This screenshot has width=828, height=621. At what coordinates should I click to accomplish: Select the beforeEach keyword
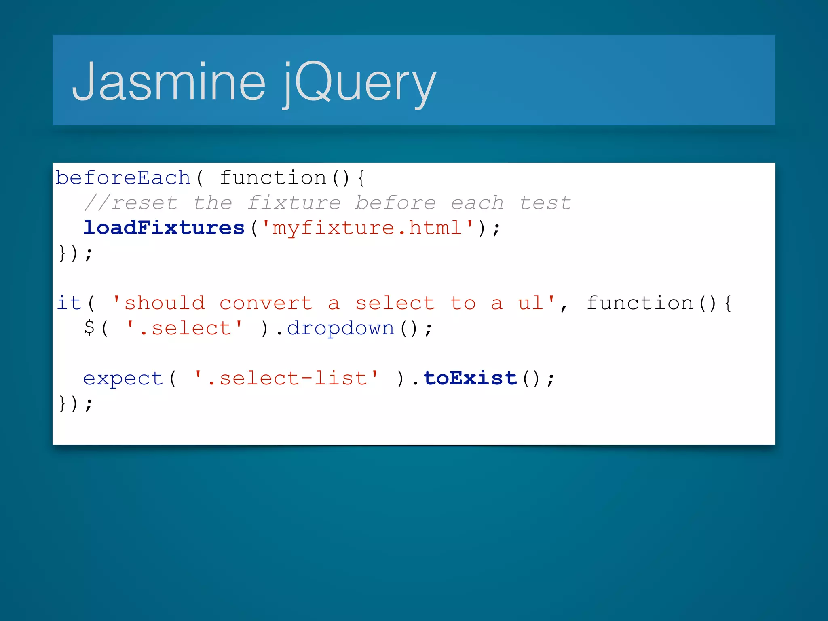point(123,178)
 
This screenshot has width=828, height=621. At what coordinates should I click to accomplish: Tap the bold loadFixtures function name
point(164,228)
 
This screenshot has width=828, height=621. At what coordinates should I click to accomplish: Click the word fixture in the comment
point(294,203)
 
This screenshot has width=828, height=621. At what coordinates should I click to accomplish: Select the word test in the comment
point(545,203)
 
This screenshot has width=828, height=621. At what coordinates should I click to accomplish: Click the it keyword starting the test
point(69,303)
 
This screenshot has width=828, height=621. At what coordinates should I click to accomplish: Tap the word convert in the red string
point(266,303)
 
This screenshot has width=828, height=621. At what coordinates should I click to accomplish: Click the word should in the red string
point(164,303)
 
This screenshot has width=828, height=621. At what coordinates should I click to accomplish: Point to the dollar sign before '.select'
point(89,327)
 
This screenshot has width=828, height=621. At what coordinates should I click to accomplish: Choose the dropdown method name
point(340,328)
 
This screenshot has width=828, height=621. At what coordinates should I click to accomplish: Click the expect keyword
point(123,378)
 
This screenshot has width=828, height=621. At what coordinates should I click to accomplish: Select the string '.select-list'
point(287,378)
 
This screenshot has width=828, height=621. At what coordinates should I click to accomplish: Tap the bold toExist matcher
point(470,378)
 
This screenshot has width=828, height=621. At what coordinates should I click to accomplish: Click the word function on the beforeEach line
point(273,178)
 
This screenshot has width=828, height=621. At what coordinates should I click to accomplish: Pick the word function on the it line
point(640,303)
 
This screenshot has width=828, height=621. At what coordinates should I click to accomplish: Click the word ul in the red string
point(530,303)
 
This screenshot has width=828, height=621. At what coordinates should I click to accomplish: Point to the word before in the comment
point(395,203)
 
